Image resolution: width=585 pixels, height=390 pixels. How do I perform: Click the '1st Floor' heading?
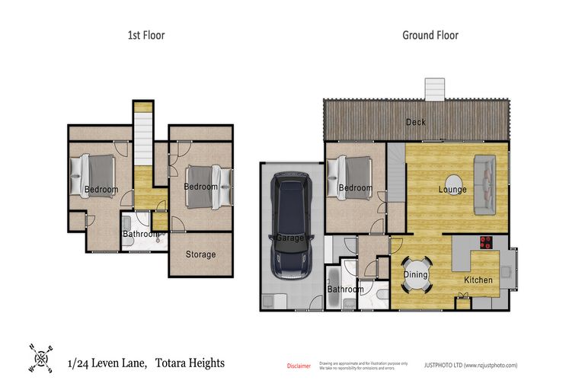[145, 35]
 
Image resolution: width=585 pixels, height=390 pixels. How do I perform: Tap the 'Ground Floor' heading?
[430, 35]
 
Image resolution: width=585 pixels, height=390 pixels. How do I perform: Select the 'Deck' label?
[416, 122]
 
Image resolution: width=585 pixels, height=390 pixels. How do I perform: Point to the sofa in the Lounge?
[484, 184]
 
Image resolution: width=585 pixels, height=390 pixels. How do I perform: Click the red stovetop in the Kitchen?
[485, 244]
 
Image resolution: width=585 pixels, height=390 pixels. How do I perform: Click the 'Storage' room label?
[201, 254]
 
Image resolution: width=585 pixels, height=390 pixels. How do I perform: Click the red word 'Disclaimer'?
[299, 366]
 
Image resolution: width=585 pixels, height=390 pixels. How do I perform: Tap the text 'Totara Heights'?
[190, 363]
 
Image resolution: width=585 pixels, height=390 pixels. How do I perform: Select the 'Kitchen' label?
[478, 280]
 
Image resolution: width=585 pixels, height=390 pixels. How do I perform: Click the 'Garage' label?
[289, 238]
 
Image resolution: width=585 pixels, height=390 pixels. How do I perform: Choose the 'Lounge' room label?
[452, 190]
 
